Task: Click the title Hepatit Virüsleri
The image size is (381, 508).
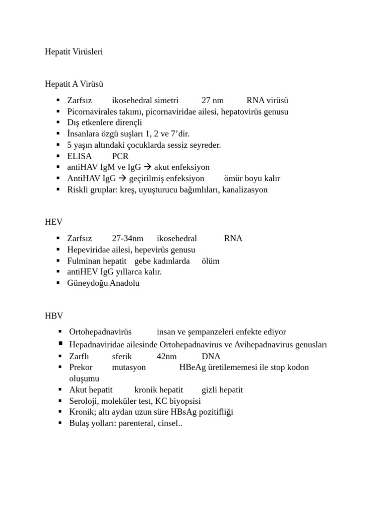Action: click(x=74, y=52)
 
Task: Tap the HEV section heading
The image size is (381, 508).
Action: click(x=54, y=221)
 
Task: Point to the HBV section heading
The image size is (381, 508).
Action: click(x=54, y=315)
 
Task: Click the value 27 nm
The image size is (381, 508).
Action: click(x=212, y=100)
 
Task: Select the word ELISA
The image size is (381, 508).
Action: click(x=79, y=156)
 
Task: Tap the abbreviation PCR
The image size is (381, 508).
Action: click(x=121, y=156)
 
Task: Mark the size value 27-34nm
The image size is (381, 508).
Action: click(x=127, y=238)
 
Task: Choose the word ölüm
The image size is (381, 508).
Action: click(x=210, y=261)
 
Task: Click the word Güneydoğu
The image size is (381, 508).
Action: click(x=87, y=283)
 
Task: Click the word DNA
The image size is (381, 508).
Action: click(x=211, y=356)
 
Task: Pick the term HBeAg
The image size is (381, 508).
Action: click(x=190, y=367)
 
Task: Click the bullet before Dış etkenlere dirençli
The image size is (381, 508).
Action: click(x=59, y=123)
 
